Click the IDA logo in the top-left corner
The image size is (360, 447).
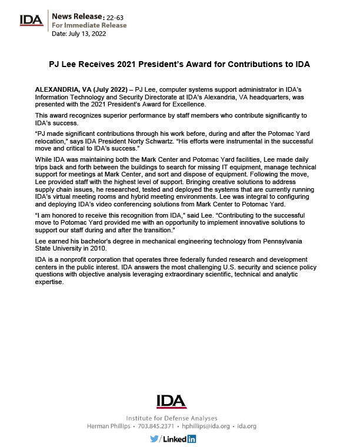point(31,19)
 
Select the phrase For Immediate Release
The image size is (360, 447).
point(89,26)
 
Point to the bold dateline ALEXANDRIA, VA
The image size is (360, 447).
point(61,87)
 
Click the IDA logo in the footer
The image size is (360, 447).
point(171,401)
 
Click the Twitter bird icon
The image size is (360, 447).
point(154,438)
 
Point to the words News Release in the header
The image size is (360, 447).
point(72,18)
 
